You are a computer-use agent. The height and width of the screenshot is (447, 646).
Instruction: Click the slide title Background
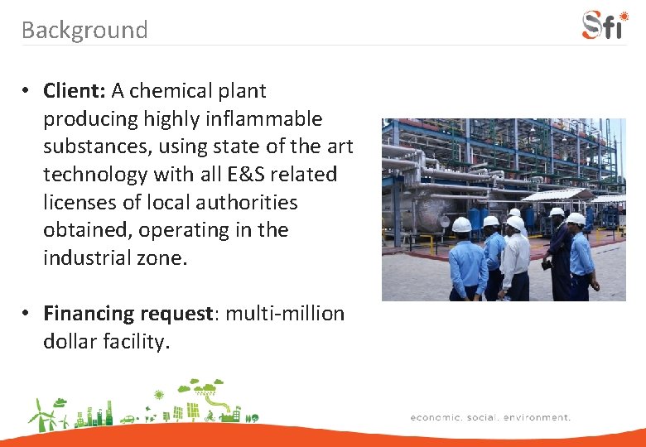pos(84,30)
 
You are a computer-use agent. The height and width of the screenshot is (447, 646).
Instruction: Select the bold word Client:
pos(75,90)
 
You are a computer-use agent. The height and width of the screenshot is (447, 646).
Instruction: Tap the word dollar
pos(72,342)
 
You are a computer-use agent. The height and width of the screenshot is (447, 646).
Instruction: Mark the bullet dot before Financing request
pos(27,314)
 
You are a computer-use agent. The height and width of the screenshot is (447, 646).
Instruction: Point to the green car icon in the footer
pos(128,419)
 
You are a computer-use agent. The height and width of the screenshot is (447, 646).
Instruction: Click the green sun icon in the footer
pos(159,396)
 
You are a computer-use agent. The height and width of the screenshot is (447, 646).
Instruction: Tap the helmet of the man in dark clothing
pos(557,213)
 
